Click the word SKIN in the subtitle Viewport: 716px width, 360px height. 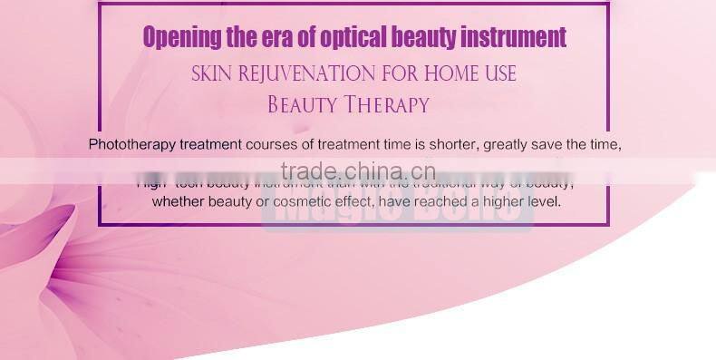pyautogui.click(x=213, y=73)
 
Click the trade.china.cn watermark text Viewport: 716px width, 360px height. pyautogui.click(x=358, y=172)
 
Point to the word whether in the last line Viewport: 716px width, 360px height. pyautogui.click(x=179, y=201)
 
